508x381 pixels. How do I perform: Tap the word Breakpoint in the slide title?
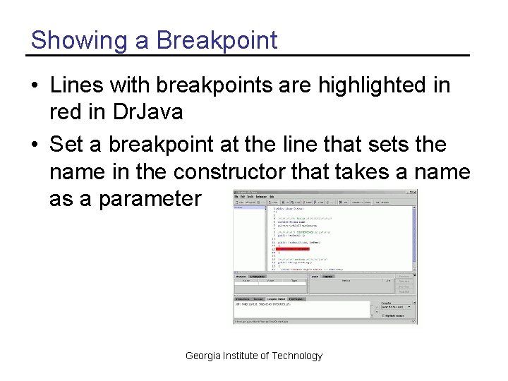pos(217,40)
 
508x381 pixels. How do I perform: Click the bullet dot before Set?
pos(35,145)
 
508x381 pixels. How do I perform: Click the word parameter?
pos(150,199)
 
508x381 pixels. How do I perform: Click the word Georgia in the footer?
pos(202,356)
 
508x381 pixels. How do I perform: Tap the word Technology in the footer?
pos(296,356)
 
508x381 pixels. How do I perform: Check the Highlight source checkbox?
pos(382,315)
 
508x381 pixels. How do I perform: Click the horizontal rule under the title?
pos(247,55)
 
